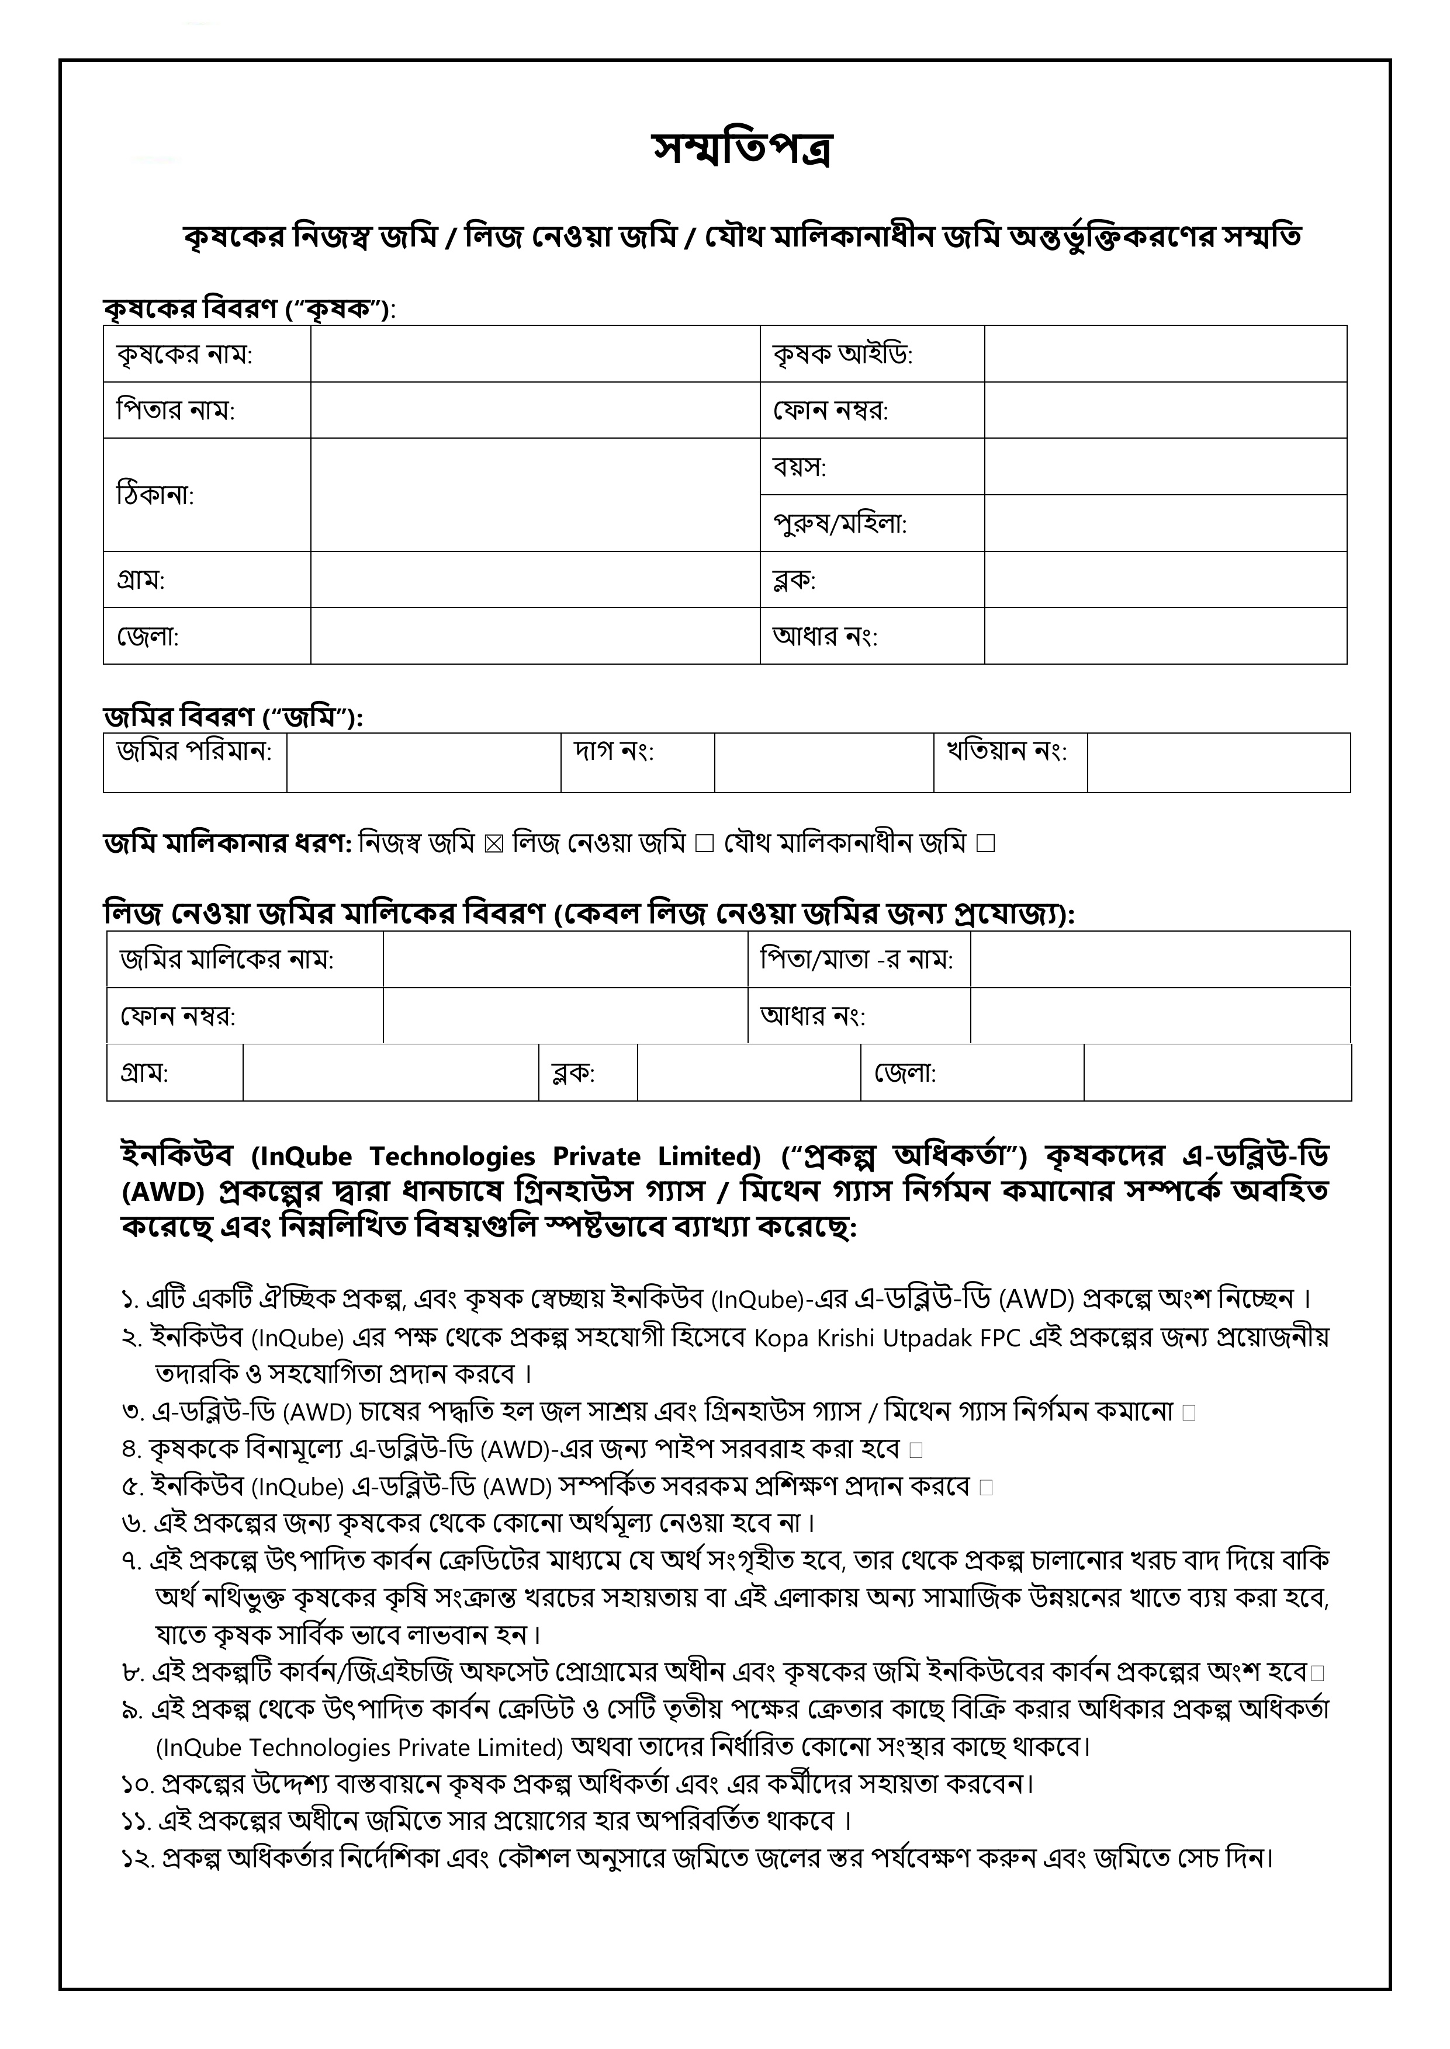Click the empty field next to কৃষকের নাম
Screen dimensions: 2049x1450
coord(535,355)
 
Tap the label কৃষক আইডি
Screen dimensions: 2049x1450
coord(842,355)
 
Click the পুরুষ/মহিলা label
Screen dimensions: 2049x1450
coord(839,524)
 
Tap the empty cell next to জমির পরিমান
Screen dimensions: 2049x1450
coord(423,763)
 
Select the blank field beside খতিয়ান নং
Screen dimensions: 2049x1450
coord(1218,763)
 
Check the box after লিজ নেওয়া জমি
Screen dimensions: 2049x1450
coord(704,843)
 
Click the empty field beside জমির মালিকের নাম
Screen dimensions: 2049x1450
coord(565,959)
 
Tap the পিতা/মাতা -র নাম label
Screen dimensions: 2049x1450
coord(856,959)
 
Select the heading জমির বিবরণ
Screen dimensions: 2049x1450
coord(232,717)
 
